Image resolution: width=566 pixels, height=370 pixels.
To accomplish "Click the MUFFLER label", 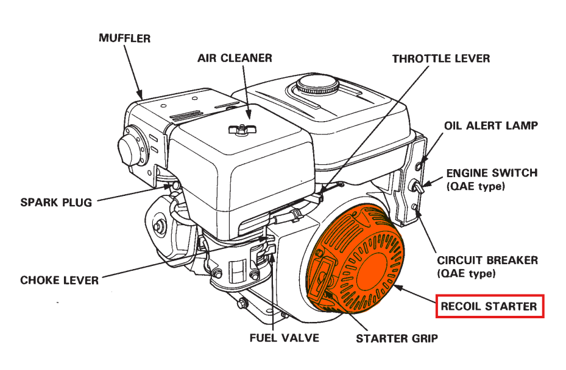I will tap(124, 38).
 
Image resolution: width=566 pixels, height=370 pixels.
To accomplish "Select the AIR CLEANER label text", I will tap(235, 58).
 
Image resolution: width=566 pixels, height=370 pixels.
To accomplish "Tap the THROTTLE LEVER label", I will tap(440, 59).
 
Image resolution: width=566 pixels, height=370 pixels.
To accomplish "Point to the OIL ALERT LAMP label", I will tap(490, 126).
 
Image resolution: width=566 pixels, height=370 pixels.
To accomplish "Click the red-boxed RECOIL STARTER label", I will tap(489, 307).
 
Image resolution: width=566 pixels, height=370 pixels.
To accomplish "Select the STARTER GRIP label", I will tap(397, 338).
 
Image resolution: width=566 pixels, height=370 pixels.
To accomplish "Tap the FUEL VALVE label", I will tap(284, 337).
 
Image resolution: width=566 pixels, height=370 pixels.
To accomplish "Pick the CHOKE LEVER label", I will tap(59, 281).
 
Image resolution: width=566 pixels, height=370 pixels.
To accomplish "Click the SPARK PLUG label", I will tap(56, 201).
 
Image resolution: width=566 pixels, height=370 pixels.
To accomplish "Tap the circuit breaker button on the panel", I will tap(416, 208).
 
